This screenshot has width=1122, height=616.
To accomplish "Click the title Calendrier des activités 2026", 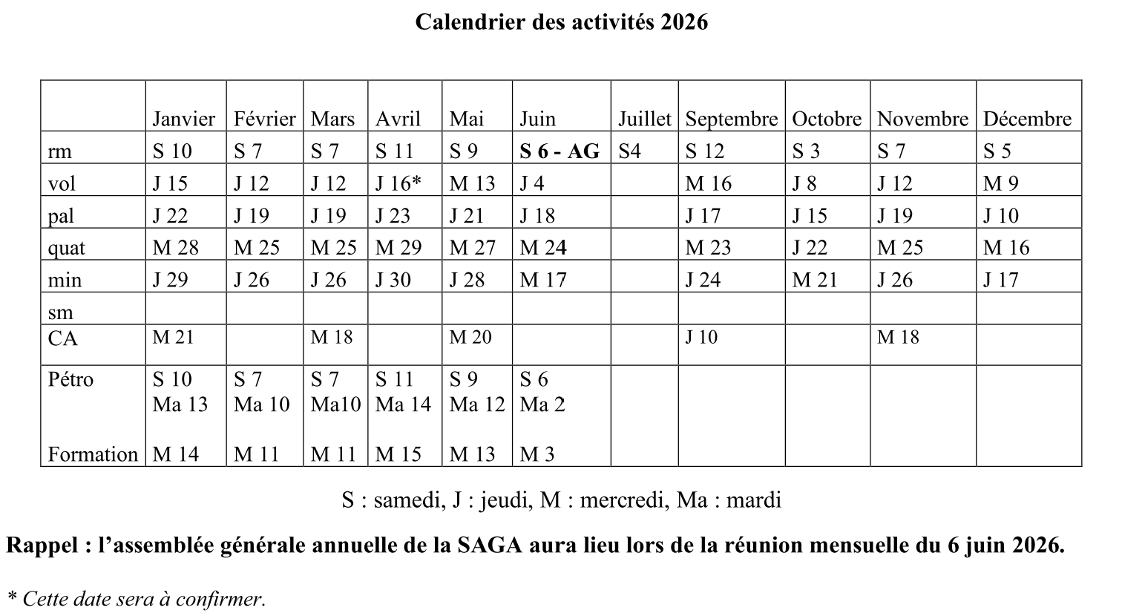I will point(561,22).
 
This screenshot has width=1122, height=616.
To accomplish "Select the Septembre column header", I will point(731,119).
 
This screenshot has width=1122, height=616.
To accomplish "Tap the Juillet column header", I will point(644,119).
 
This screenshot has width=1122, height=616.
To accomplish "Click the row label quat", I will point(66,248).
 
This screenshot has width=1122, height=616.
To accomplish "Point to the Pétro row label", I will point(71,379).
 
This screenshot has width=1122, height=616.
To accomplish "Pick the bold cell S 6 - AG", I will point(560,151).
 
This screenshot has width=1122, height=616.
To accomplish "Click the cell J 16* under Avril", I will point(398,183).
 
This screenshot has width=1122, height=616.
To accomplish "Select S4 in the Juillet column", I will point(629,151).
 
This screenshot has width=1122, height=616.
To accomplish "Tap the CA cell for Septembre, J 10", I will point(701,337).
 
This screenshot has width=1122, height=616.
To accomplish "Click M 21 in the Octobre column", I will point(814,280).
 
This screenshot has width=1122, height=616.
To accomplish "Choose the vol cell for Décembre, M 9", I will point(1000,183).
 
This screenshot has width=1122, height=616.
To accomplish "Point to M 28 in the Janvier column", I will point(176,248).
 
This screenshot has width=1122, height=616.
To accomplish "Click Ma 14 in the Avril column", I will point(404,404).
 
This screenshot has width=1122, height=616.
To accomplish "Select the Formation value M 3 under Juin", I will point(537,453).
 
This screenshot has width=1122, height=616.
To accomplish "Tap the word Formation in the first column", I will point(93,453).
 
